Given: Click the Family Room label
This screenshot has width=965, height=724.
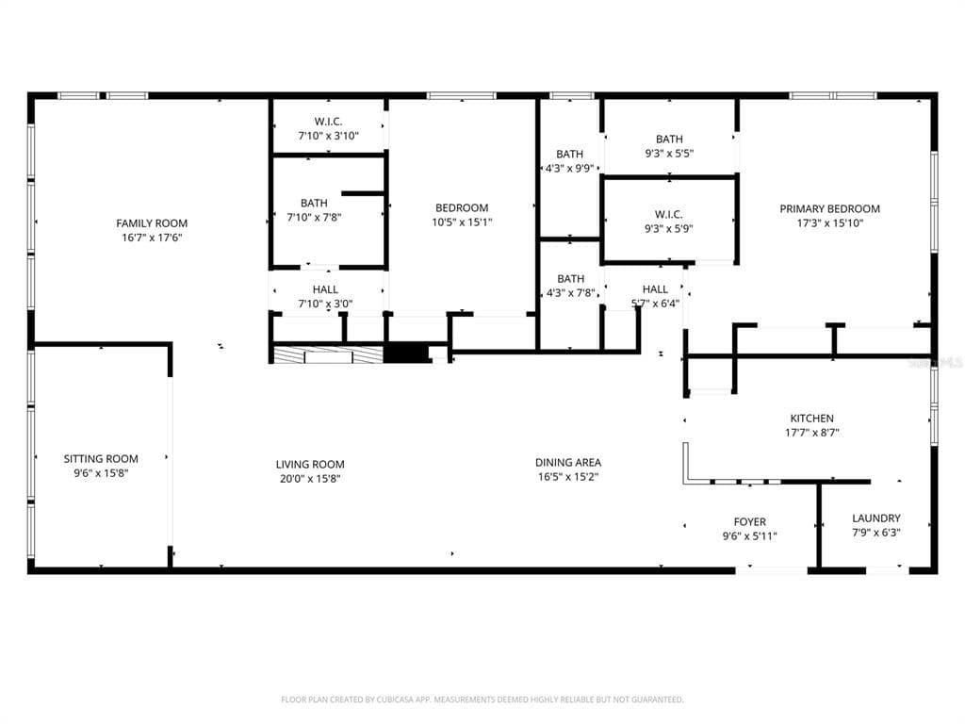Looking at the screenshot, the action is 152,223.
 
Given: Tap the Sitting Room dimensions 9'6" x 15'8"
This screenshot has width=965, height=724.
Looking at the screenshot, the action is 101,473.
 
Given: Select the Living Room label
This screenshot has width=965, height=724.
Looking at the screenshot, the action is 310,465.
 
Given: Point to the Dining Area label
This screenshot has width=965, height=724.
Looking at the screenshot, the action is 568,462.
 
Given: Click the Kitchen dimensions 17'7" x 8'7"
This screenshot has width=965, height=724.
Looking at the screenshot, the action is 811,433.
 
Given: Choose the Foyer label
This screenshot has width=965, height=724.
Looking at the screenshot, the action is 749,522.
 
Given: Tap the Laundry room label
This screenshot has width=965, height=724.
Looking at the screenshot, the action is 876,518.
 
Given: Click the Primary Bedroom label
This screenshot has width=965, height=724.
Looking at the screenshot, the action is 829,209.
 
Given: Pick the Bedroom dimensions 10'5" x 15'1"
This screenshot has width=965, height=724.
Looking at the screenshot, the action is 462,222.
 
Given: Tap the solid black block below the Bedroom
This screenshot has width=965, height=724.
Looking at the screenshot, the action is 405,353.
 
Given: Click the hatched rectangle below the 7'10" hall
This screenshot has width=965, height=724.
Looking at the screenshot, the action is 328,355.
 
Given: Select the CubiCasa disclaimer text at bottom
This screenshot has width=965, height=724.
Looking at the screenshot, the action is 482,699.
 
